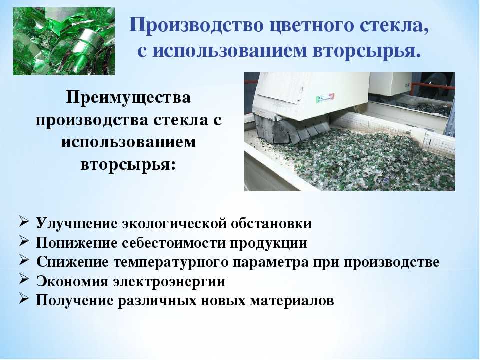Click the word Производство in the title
pos(196,25)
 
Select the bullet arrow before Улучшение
pos(24,221)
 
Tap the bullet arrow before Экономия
pos(24,279)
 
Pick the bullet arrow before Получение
pos(24,298)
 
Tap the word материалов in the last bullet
pos(292,300)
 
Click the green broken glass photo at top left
pos(64,41)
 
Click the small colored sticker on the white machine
pos(325,98)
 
